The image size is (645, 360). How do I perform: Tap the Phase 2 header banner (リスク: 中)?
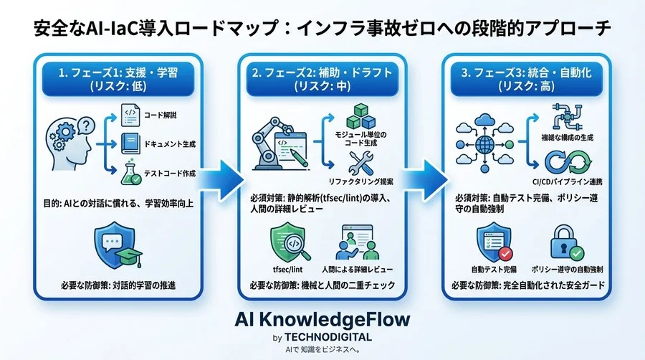tap(322, 78)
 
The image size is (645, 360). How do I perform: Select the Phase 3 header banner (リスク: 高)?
tap(526, 78)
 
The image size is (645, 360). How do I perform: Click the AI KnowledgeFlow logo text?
tap(322, 320)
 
